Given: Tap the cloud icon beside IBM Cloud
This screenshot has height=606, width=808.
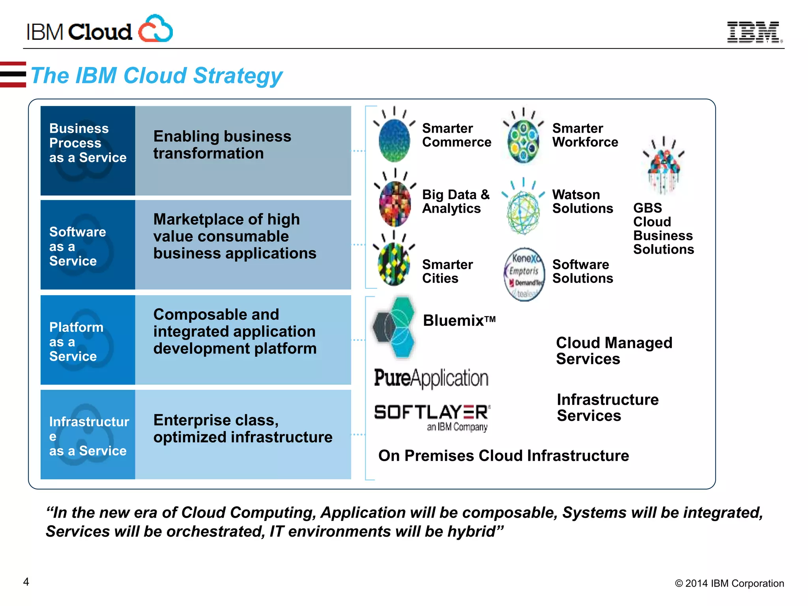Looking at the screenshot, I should pos(155,29).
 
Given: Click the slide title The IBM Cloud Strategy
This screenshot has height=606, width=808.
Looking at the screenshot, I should pos(157,76).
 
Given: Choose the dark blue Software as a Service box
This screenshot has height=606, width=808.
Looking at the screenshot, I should pos(88,245).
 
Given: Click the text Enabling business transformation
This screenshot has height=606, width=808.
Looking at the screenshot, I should pos(222,145).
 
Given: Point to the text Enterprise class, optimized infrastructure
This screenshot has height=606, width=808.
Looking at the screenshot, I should pos(242,429).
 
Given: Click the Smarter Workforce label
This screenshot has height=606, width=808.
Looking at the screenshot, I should pos(585,135).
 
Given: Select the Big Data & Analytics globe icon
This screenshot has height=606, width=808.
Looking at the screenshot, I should pos(395,204).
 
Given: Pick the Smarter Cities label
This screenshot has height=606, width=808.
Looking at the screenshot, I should pos(447,271).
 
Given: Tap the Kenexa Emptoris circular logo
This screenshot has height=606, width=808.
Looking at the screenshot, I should pos(524,275).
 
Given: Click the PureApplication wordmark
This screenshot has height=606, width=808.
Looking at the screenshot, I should pos(431,378).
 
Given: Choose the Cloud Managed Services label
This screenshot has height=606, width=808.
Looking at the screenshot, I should pos(613,351).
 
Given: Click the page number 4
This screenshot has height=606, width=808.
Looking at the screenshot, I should pos(26,582).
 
